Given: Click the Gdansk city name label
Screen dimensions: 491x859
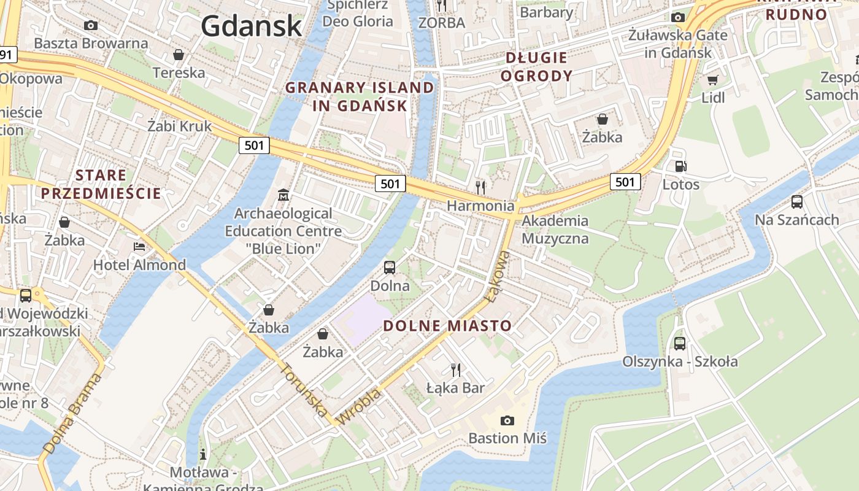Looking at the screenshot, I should tap(251, 26).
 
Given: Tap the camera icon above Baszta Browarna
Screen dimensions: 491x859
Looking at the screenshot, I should tap(91, 25).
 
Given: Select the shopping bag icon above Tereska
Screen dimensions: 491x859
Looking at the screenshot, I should tap(179, 55).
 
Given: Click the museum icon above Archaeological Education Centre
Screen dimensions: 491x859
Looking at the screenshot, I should tap(283, 195).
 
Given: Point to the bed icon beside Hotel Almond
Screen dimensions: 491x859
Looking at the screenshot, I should tap(140, 246).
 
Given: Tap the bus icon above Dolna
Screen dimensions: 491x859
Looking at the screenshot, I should tap(390, 267).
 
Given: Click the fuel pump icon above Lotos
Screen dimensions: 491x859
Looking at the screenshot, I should tap(680, 166).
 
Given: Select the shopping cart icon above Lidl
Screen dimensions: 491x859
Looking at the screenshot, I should tap(712, 80).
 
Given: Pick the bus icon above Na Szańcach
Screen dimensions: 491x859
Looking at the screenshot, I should tap(796, 201).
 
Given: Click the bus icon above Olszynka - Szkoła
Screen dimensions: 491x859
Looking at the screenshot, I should tap(680, 343).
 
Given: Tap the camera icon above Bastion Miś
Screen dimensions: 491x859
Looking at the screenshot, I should tap(507, 420).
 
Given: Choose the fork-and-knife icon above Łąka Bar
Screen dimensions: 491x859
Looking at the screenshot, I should tap(456, 369).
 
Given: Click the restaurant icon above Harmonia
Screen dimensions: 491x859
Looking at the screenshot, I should tap(480, 187).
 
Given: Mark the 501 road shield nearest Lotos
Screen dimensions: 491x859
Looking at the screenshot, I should tap(625, 181).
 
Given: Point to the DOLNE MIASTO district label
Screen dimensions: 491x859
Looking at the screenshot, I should tap(447, 326).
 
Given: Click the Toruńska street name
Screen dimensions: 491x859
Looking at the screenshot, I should tap(304, 390).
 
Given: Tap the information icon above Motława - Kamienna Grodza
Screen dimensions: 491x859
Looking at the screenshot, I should tap(203, 455).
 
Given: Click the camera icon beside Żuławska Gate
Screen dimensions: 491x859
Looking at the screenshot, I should tap(678, 17).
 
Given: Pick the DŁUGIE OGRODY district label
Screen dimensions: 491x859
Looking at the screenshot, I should tap(537, 67).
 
